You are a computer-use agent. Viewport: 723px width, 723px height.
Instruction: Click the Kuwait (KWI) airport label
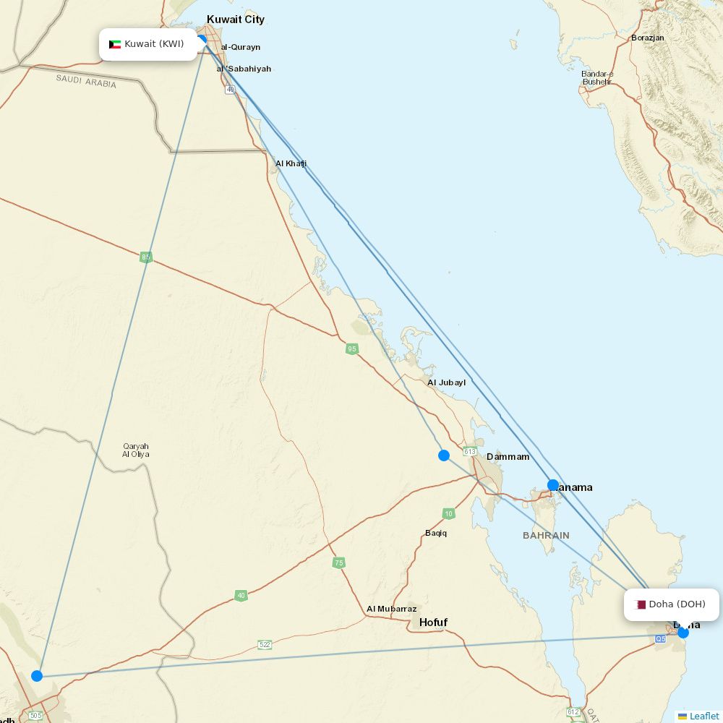[x=148, y=44]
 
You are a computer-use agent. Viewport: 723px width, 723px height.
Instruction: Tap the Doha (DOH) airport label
[x=672, y=604]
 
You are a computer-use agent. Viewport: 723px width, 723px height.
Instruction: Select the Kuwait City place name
[x=236, y=20]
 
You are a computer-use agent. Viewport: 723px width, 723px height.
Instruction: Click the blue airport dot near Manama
[x=553, y=485]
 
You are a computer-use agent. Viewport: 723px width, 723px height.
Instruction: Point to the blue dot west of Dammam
[x=444, y=455]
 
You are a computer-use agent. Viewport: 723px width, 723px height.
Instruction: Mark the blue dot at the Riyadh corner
[x=37, y=676]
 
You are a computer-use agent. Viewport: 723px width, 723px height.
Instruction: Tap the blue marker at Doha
[x=683, y=633]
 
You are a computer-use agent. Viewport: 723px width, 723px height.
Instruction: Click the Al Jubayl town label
[x=446, y=382]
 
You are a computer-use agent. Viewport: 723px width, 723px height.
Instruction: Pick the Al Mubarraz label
[x=391, y=609]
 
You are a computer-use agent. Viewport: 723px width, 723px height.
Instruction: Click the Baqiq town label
[x=436, y=533]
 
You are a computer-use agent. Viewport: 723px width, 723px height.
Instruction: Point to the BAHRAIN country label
[x=546, y=536]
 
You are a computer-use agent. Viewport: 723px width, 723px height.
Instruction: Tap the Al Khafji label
[x=291, y=163]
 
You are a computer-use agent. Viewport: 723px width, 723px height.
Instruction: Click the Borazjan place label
[x=647, y=38]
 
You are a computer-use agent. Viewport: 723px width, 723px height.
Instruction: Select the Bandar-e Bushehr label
[x=597, y=77]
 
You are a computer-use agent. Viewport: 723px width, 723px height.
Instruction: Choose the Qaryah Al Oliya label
[x=136, y=450]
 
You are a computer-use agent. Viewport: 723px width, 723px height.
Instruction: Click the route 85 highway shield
[x=146, y=257]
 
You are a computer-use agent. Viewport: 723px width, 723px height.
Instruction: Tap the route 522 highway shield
[x=265, y=644]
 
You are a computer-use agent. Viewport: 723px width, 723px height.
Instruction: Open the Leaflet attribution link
[x=703, y=716]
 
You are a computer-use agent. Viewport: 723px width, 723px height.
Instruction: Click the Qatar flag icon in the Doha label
[x=641, y=604]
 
